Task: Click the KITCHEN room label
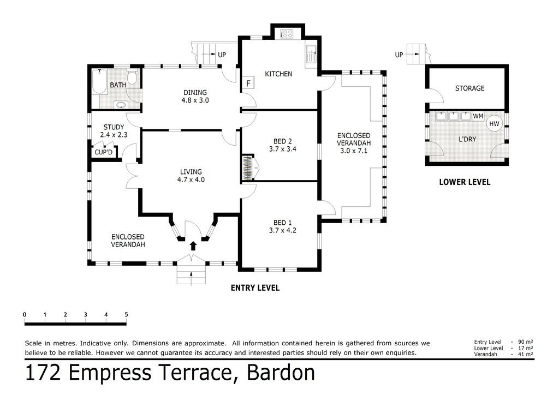click(278, 74)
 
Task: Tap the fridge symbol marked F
click(248, 83)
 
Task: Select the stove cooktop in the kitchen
click(287, 34)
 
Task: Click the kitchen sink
click(311, 56)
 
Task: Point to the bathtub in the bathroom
click(99, 82)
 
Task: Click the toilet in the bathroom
click(132, 77)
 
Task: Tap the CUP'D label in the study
click(103, 152)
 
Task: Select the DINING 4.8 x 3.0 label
click(195, 97)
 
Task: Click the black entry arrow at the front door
click(193, 246)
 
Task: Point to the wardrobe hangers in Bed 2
click(248, 168)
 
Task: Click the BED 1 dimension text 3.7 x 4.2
click(283, 230)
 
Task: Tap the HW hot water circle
click(494, 124)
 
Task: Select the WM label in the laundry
click(478, 116)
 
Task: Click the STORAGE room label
click(469, 88)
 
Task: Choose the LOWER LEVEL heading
click(465, 182)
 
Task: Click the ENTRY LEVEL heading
click(255, 288)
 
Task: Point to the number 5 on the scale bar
click(126, 314)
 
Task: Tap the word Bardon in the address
click(281, 373)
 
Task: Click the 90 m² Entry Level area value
click(526, 342)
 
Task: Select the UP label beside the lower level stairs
click(399, 55)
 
